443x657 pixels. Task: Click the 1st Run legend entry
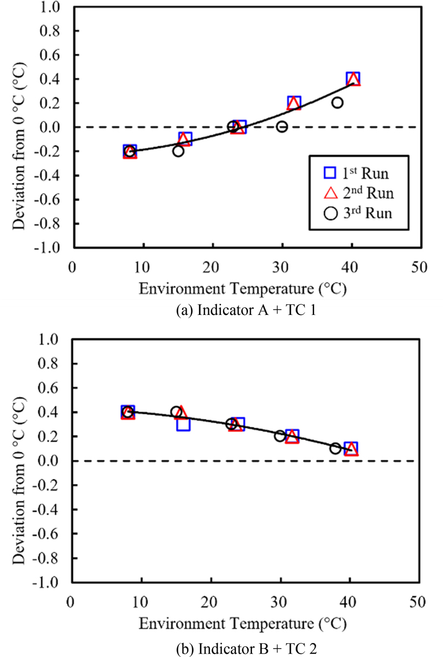click(352, 173)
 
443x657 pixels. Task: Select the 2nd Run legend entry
click(352, 193)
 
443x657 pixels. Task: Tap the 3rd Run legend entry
click(352, 214)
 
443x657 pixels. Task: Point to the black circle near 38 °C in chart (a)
click(337, 102)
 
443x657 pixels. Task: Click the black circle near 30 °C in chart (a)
click(282, 127)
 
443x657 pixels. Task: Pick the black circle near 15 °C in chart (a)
click(178, 151)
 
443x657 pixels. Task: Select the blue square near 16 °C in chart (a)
click(185, 138)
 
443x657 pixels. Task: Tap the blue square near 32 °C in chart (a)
click(294, 102)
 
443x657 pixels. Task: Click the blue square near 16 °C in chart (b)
click(183, 425)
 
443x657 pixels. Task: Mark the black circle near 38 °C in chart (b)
click(335, 448)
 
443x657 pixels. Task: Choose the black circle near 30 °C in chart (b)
click(280, 436)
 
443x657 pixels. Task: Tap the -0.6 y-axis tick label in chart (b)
click(50, 534)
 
